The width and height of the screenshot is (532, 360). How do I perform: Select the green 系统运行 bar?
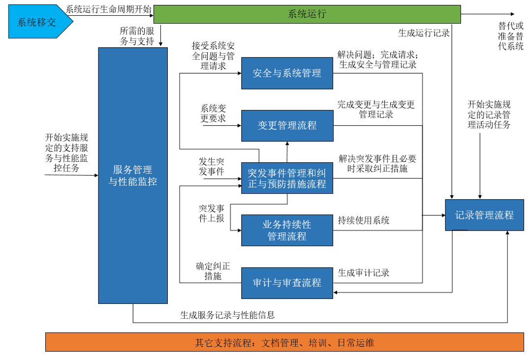coord(307,14)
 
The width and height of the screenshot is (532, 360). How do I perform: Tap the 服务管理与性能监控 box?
coord(133,176)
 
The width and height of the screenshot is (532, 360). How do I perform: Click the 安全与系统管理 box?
coord(287,73)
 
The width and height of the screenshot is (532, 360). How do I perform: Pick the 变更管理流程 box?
coord(287,125)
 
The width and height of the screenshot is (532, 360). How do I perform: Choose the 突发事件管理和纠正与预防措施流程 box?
coord(287,179)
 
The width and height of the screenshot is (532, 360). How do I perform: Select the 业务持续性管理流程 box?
coord(287,230)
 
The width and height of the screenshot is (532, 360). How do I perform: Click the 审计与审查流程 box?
coord(287,283)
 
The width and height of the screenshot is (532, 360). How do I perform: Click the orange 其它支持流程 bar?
coord(284,342)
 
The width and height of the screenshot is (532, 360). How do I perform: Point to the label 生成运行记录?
coord(424,33)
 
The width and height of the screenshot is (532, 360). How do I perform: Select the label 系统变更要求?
coord(213,113)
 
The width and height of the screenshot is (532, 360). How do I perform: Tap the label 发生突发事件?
coord(212,167)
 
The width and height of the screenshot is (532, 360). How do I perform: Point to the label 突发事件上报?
coord(212,213)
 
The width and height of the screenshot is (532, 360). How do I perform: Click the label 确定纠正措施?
coord(213,271)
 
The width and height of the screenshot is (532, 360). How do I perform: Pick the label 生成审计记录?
coord(364,272)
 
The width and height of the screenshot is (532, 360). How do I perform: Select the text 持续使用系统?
coord(364,220)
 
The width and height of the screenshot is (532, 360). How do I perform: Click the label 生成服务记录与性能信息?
coord(227,315)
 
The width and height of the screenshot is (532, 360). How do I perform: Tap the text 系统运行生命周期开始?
coord(109,9)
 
